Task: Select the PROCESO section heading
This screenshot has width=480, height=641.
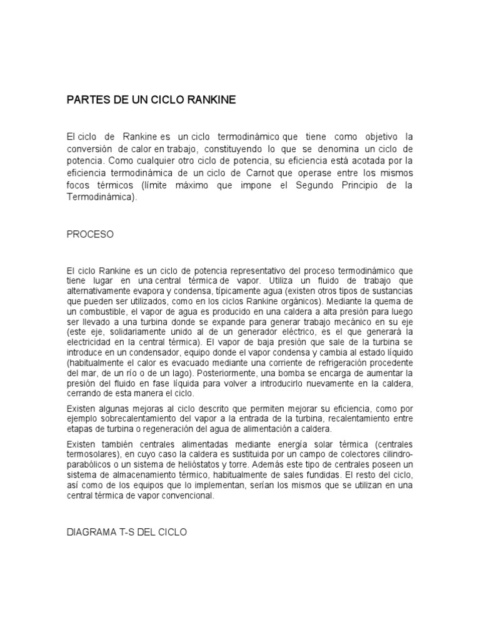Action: click(90, 234)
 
